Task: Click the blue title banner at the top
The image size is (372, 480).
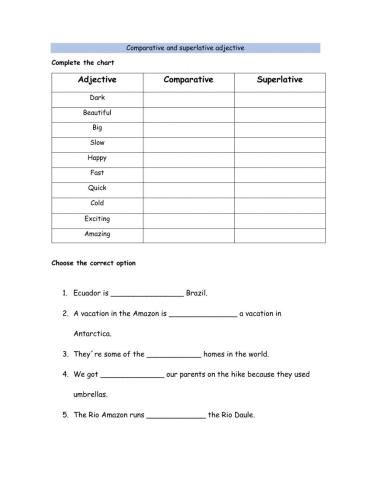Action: coord(186,47)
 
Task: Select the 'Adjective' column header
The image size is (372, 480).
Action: coord(97,79)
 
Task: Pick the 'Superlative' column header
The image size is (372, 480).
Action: coord(279,79)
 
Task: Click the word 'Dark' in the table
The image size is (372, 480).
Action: coord(97,97)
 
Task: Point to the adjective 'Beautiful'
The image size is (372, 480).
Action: coord(97,112)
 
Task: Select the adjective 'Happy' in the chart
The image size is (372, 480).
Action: coord(97,157)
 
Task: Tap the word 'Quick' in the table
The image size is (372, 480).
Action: coord(97,187)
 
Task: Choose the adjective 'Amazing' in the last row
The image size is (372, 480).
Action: coord(97,232)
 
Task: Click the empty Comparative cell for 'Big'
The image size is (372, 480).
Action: coord(188,127)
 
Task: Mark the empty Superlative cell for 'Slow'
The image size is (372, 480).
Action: coord(279,142)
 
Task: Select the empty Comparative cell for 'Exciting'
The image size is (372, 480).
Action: coord(188,217)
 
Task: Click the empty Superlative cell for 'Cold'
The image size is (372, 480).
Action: coord(279,202)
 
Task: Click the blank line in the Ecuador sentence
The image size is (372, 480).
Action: coord(146,295)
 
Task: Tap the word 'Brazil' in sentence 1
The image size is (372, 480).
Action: coord(197,294)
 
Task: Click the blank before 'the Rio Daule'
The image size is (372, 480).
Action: coord(176,414)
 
